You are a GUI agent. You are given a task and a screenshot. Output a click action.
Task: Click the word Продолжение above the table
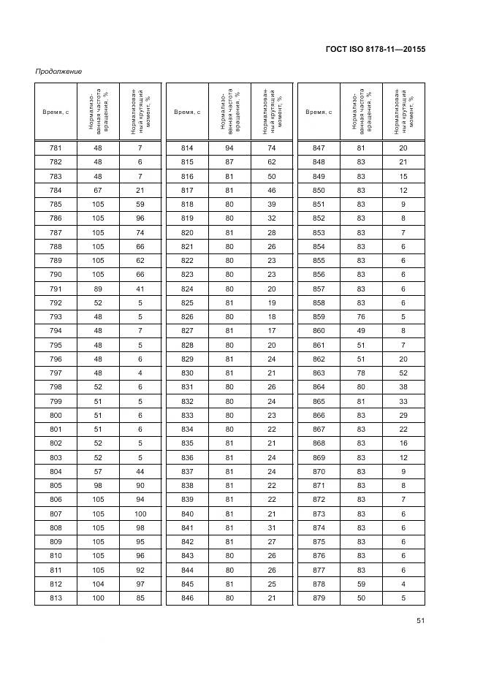pos(58,71)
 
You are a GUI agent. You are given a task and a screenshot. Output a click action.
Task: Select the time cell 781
pos(56,148)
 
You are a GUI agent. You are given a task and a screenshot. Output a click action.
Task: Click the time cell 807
pos(56,514)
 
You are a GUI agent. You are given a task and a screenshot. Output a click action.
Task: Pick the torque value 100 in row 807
pos(139,514)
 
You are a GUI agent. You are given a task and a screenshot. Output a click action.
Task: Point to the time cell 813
pos(56,598)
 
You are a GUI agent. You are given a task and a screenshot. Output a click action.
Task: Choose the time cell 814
pos(187,148)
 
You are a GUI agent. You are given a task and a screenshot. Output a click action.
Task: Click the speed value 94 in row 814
pos(229,148)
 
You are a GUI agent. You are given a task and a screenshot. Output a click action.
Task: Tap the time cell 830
pos(187,373)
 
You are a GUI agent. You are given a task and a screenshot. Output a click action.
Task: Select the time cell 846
pos(187,598)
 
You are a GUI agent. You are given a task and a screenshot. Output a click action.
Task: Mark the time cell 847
pos(319,148)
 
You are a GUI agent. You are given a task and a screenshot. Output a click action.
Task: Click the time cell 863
pos(319,373)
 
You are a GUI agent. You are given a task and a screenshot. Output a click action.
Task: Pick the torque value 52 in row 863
pos(403,373)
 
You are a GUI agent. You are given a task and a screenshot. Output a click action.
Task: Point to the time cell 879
pos(319,598)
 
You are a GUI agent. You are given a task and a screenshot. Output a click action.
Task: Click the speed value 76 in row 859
pos(361,317)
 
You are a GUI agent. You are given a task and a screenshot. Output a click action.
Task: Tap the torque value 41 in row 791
pos(139,289)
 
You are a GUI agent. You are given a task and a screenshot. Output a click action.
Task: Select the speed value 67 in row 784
pos(97,191)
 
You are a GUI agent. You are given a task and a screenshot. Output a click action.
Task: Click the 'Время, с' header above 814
pos(187,112)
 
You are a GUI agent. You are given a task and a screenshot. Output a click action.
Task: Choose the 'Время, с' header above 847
pos(319,112)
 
